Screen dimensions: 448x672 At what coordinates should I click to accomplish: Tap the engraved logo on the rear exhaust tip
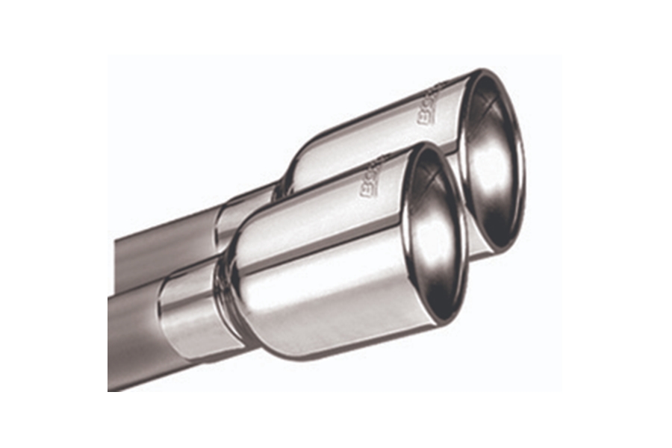tap(432, 105)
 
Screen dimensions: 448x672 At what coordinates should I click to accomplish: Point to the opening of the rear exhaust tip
tap(493, 161)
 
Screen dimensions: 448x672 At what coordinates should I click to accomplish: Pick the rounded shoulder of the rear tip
tap(299, 161)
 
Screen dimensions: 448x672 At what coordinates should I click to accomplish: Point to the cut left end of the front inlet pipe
tap(111, 343)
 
